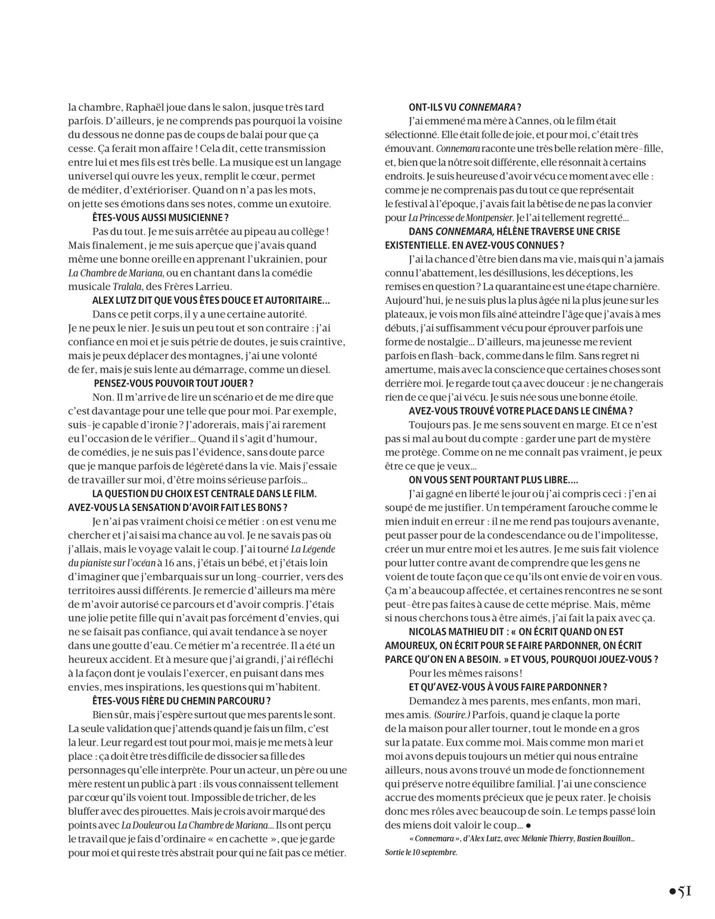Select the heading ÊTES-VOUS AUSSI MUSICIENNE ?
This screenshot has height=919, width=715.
(160, 217)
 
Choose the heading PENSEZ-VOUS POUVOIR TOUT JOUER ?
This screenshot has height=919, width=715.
(173, 383)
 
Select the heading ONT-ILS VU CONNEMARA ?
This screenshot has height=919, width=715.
(465, 107)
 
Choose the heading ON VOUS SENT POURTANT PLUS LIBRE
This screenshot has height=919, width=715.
(493, 479)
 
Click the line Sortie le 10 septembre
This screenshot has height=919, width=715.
(421, 852)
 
